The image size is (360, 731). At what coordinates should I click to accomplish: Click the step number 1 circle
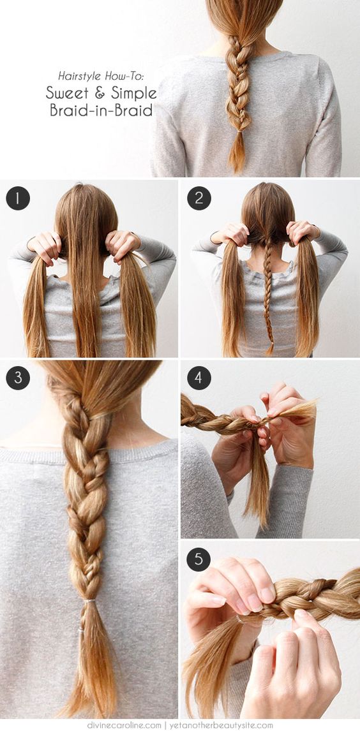tap(18, 198)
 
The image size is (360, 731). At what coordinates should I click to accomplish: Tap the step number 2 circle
tap(199, 198)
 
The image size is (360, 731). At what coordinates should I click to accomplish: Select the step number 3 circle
tap(18, 378)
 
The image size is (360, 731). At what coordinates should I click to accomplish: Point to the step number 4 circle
tap(199, 378)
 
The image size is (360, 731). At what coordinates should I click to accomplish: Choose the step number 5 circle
tap(199, 559)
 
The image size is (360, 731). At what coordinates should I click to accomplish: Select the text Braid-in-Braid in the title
tap(101, 110)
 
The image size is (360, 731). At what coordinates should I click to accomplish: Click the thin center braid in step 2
tap(269, 293)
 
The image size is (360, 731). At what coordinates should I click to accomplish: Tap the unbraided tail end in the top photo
tap(237, 153)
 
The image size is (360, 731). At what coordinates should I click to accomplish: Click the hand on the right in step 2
tap(303, 232)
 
